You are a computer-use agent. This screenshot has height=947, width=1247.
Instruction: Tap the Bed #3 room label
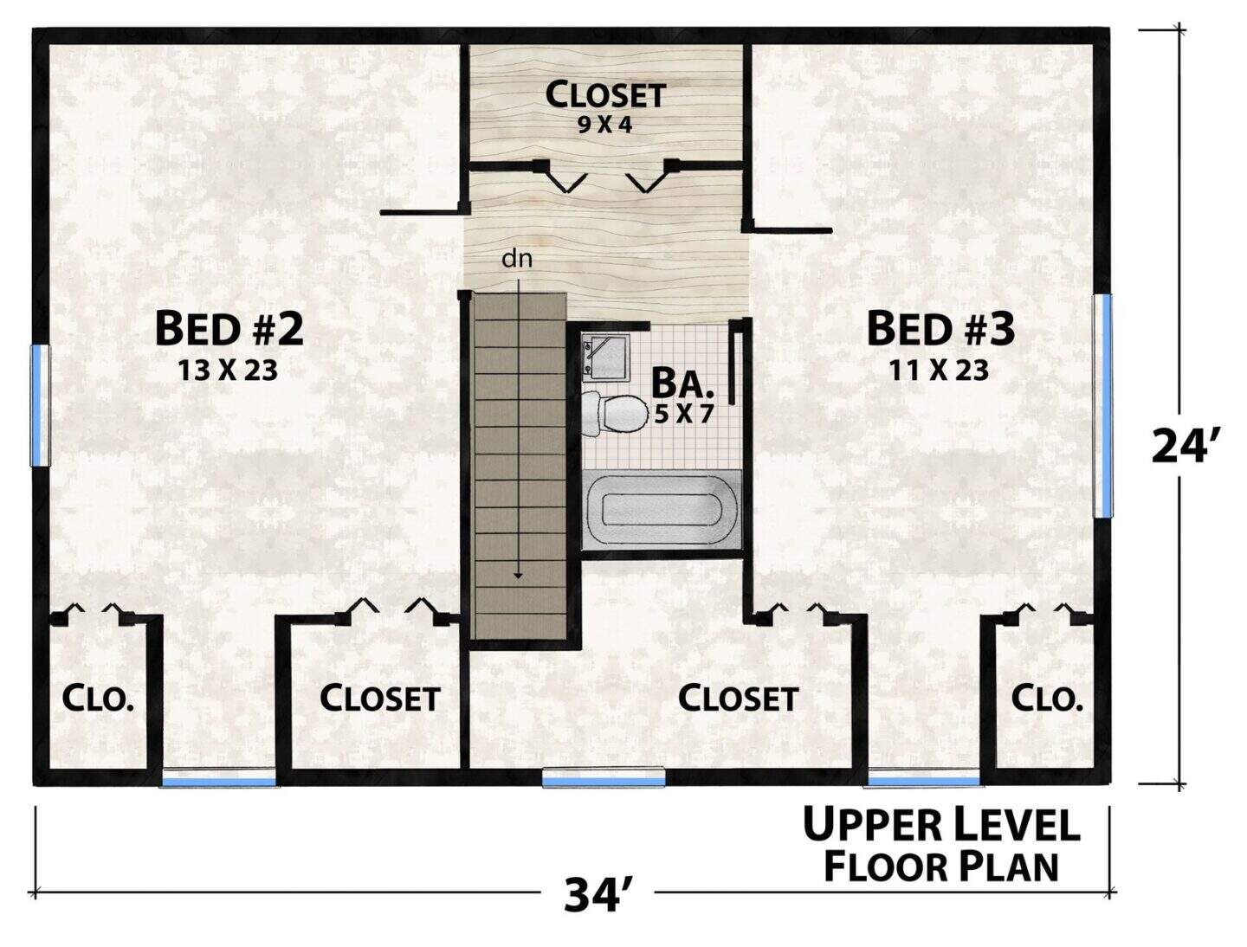point(940,329)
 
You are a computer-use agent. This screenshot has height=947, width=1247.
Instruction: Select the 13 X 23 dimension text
point(228,370)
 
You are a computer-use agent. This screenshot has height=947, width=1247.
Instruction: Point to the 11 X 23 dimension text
point(939,370)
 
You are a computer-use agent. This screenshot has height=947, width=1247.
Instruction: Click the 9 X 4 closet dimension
point(605,125)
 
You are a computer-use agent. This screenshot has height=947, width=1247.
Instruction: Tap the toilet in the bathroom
point(615,414)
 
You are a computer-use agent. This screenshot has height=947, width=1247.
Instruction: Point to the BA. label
point(682,383)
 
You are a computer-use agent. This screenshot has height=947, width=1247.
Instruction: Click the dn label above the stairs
point(517,260)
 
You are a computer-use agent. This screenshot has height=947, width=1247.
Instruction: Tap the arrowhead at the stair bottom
point(518,576)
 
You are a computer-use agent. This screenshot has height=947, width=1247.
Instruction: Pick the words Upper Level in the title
point(941,826)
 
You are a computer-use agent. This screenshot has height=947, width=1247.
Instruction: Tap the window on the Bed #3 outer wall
point(1103,405)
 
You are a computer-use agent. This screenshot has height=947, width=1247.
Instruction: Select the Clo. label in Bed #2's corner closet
point(97,699)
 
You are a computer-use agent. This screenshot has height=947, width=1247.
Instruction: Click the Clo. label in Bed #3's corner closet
point(1047,699)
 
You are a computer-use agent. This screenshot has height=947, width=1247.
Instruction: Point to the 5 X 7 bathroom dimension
point(683,415)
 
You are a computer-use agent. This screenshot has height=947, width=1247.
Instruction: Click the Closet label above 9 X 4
point(605,95)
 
